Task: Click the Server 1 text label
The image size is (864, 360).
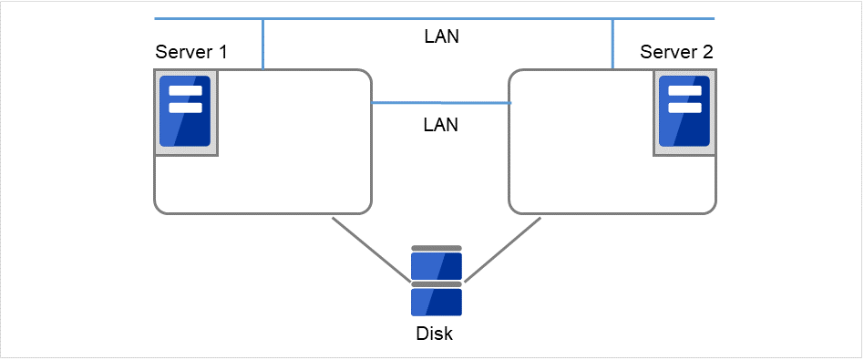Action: click(x=191, y=52)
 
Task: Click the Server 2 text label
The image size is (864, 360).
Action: click(x=676, y=52)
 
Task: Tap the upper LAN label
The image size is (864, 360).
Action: click(x=442, y=37)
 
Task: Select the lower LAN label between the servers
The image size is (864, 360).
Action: click(x=441, y=125)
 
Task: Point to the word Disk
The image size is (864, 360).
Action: click(x=435, y=334)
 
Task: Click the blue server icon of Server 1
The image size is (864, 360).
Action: click(x=185, y=112)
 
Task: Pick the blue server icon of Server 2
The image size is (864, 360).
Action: click(x=684, y=112)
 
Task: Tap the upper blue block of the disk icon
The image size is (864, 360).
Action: click(x=437, y=266)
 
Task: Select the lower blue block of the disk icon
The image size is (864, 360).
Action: click(x=437, y=302)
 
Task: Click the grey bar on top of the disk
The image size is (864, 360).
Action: click(x=437, y=248)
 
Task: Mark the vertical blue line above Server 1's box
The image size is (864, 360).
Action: click(x=263, y=44)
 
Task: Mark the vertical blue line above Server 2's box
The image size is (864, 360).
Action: click(x=612, y=44)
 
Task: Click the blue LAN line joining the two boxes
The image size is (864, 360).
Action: click(x=441, y=103)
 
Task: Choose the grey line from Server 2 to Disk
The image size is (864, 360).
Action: click(x=503, y=249)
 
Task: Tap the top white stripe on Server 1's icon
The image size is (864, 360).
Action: click(x=185, y=91)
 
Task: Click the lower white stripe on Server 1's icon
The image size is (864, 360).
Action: click(x=185, y=108)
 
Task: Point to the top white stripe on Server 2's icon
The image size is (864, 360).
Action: click(x=684, y=91)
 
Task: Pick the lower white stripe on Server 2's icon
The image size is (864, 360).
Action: click(x=684, y=108)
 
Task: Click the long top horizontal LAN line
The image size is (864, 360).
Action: click(x=437, y=18)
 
